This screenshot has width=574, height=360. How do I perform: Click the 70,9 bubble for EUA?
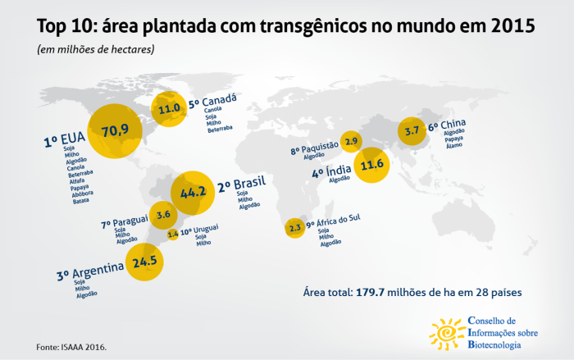115,131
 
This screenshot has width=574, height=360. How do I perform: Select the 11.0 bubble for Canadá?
170,108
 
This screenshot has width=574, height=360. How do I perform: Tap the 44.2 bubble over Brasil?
193,194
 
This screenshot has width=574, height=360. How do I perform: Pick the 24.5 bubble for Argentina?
143,262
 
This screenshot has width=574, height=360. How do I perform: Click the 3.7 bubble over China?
412,130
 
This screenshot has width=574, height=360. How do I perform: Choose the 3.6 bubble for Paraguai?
163,215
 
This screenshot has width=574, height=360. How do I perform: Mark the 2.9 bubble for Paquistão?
352,142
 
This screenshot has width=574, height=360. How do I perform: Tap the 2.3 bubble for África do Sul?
295,229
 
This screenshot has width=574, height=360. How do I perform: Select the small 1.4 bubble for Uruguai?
172,235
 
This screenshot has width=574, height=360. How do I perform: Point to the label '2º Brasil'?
239,185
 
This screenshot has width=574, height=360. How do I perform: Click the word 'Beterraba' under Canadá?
219,128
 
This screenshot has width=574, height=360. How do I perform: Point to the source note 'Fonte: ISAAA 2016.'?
71,346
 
